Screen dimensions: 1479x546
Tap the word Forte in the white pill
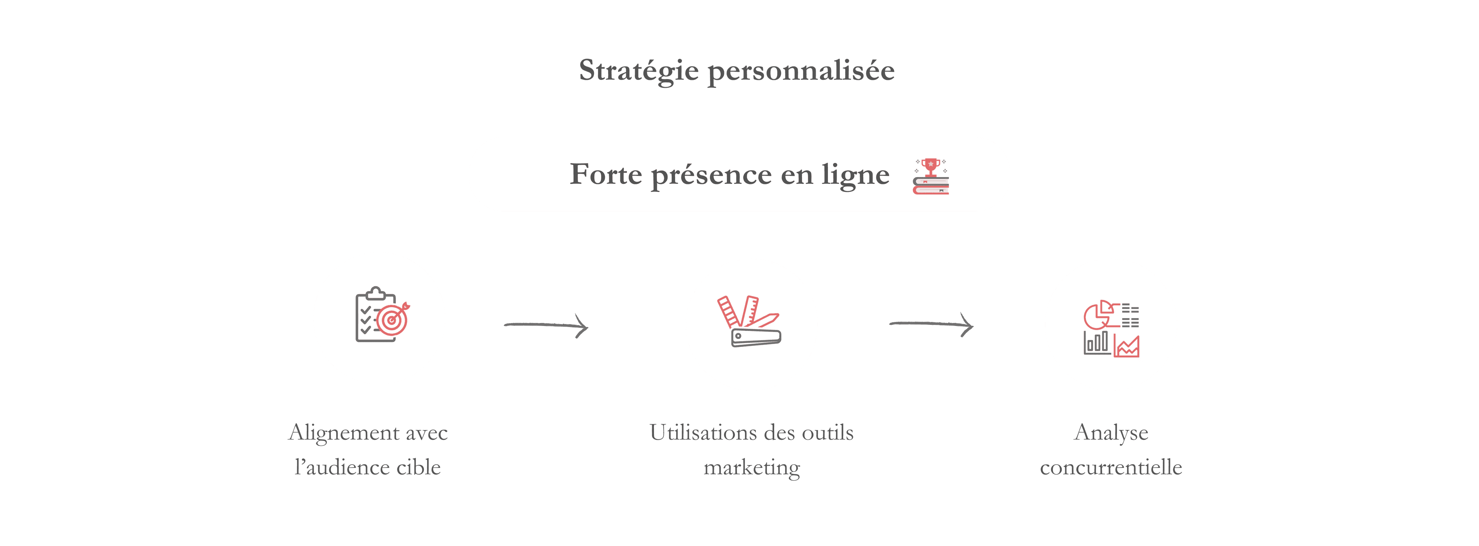tap(606, 174)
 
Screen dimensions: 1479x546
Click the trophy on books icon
tap(931, 176)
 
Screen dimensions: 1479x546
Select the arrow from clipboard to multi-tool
tap(546, 326)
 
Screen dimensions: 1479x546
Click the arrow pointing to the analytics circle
tap(931, 325)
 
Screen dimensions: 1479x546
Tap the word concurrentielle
tap(1111, 467)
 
